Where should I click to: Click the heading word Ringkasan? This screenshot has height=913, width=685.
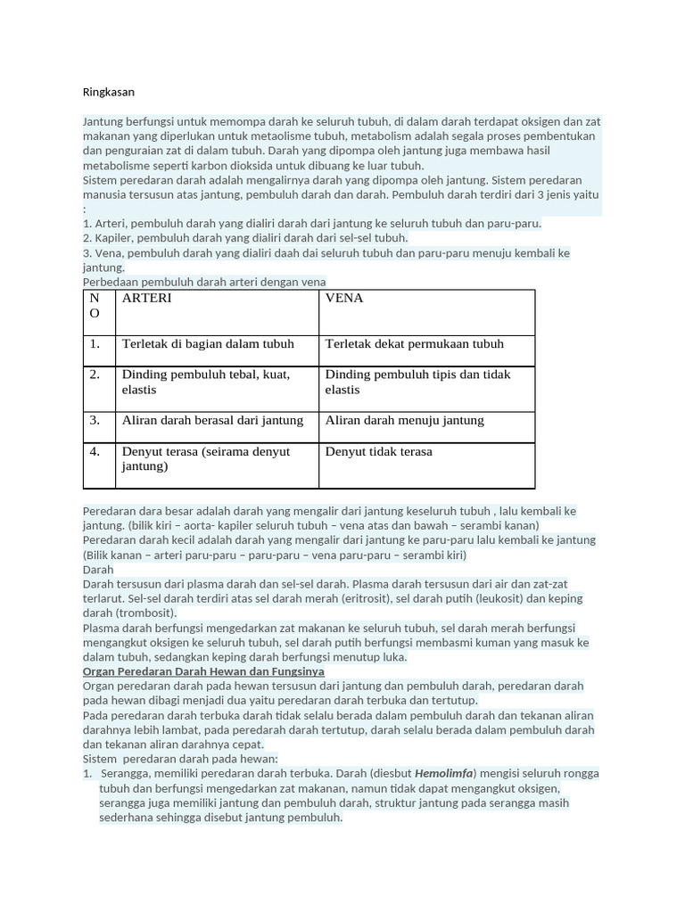(108, 92)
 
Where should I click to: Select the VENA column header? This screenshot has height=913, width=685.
(344, 299)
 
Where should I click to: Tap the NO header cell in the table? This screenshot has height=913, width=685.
(95, 306)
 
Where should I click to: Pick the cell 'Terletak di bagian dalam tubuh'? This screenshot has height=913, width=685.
(208, 344)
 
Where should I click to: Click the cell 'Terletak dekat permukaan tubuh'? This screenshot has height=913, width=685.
(414, 344)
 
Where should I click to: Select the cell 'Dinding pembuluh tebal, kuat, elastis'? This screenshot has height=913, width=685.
(205, 382)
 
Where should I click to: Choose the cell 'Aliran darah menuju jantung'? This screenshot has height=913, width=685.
(404, 421)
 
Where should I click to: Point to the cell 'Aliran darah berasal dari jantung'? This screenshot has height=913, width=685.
(212, 421)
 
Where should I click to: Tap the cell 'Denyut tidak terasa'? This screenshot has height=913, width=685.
(378, 452)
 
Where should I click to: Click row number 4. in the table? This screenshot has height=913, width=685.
(95, 452)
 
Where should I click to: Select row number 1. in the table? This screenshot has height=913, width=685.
(95, 344)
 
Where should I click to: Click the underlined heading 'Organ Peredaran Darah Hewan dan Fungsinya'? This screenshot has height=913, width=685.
(203, 671)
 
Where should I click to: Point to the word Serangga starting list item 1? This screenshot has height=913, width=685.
(126, 774)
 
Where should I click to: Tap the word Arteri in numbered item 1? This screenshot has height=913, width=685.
(111, 224)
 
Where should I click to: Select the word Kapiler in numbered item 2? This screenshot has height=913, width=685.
(113, 238)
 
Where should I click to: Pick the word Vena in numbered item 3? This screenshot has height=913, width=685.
(109, 253)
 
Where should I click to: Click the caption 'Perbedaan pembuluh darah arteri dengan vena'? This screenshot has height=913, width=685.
(204, 282)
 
